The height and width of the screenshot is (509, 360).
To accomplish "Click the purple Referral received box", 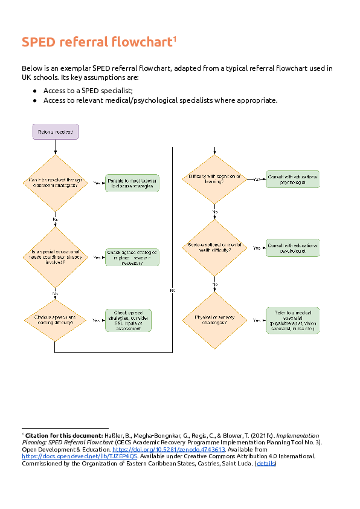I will click(55, 132).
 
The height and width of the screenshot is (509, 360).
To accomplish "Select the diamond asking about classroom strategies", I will click(55, 183).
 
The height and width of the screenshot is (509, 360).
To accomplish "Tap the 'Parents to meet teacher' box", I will click(132, 183).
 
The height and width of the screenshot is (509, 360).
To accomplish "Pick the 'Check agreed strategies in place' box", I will click(132, 256).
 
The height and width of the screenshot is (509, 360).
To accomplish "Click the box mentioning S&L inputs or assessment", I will click(128, 320).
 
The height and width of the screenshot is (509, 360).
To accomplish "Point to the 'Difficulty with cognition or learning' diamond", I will click(214, 179).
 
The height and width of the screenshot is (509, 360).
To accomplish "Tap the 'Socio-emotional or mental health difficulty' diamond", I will click(214, 248).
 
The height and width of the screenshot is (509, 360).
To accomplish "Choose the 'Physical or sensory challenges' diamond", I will click(214, 320).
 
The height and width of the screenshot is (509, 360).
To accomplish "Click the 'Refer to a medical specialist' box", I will click(292, 320).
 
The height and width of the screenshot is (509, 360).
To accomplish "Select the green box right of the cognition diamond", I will click(292, 179).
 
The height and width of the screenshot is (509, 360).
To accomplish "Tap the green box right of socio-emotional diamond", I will click(292, 248).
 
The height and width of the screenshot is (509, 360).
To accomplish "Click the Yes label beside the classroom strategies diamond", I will click(97, 183).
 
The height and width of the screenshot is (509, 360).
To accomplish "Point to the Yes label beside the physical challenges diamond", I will click(256, 320).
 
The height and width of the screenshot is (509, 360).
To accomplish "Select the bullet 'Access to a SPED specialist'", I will click(88, 90).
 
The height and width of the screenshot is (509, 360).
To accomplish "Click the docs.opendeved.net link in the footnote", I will click(80, 457).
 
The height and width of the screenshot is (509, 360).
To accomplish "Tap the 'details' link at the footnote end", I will click(265, 464).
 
